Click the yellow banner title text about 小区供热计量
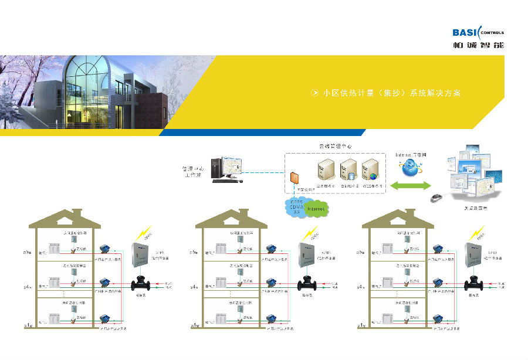(392, 93)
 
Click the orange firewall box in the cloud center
(293, 177)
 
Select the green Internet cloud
(316, 208)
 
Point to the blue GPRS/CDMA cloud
(295, 207)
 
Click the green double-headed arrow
(411, 186)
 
